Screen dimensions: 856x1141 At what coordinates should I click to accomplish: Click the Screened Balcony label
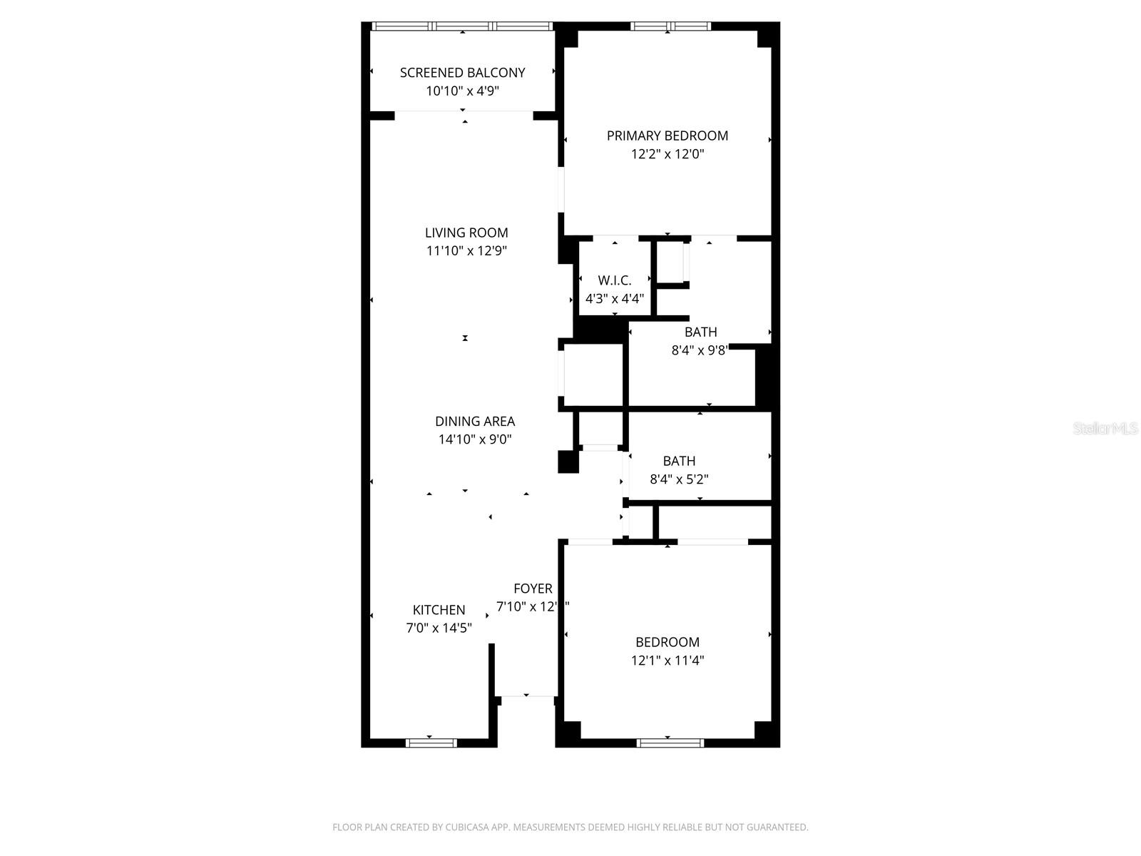[462, 73]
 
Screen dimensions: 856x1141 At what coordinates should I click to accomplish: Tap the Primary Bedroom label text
[667, 136]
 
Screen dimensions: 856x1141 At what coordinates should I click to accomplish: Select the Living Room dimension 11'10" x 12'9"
[466, 251]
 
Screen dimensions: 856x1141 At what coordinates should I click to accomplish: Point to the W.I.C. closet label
[615, 280]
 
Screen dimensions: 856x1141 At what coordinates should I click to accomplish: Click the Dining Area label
[475, 422]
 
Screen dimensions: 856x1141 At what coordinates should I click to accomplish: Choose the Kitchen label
[439, 610]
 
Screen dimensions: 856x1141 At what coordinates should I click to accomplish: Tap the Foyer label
[533, 588]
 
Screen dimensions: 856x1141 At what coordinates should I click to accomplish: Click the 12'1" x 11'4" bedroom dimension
[667, 661]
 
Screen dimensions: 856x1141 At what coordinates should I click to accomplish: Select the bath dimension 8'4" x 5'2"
[679, 479]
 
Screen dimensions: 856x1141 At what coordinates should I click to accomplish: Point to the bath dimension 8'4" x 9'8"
[700, 350]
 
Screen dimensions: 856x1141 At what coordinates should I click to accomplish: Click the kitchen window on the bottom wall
[431, 743]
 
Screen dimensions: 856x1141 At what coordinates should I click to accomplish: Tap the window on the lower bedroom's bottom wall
[670, 743]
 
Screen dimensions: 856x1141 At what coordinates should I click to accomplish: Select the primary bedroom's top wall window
[670, 26]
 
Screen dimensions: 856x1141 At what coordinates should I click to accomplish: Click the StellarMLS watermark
[1105, 429]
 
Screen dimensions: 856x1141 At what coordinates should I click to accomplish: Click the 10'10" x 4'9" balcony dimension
[462, 91]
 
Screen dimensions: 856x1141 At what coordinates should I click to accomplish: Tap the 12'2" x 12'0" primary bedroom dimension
[667, 154]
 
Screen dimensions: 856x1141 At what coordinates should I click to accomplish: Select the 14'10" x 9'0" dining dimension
[475, 440]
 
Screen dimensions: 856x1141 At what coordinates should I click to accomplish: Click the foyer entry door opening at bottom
[527, 696]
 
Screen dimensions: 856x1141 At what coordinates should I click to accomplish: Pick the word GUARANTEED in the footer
[779, 827]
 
